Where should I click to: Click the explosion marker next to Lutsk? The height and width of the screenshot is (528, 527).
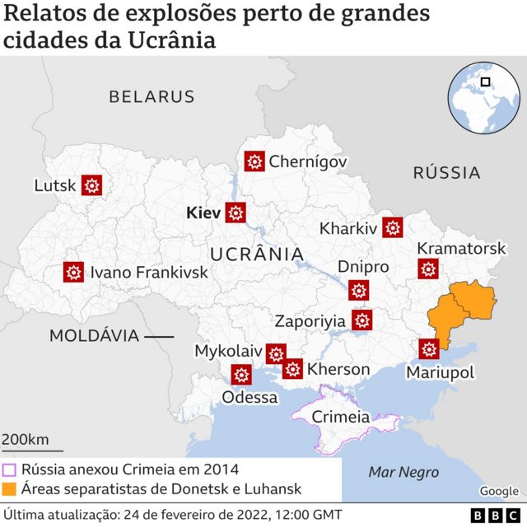[92, 186]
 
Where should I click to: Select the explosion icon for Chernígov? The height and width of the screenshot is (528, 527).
[254, 161]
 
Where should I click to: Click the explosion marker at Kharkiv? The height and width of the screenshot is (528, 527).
[393, 227]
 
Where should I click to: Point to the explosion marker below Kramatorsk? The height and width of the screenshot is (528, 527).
[428, 269]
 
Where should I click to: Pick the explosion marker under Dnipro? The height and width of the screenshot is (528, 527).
[358, 290]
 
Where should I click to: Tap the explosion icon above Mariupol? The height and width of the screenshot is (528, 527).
[428, 349]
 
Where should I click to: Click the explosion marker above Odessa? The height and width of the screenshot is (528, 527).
[241, 376]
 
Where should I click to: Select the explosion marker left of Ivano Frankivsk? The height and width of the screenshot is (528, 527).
[74, 272]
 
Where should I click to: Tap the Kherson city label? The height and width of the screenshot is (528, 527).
[338, 369]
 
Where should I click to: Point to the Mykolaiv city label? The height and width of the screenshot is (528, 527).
[227, 351]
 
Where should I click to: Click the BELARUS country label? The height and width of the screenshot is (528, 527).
[152, 96]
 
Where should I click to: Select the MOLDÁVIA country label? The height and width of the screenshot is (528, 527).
[94, 336]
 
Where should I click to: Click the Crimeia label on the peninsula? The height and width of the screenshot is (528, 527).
[340, 417]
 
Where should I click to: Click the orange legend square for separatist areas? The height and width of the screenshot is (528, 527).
[10, 489]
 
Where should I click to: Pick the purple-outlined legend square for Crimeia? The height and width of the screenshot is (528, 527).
[10, 470]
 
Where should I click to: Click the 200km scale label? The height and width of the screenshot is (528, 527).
[26, 439]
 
